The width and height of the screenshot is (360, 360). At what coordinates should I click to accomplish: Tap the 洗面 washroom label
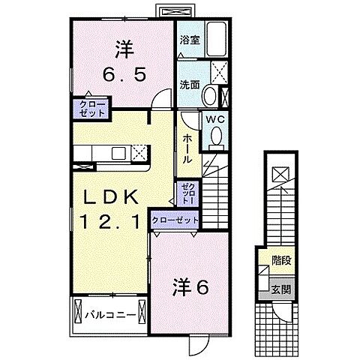click(188, 85)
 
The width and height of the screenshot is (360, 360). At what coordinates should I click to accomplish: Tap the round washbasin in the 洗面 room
click(211, 97)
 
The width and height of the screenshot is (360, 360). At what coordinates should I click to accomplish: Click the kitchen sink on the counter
click(119, 153)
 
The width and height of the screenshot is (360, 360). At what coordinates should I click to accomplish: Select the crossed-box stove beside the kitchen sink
click(139, 152)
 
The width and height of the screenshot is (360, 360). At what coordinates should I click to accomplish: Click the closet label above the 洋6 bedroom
click(175, 220)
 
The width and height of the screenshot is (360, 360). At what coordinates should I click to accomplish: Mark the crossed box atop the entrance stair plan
click(280, 175)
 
